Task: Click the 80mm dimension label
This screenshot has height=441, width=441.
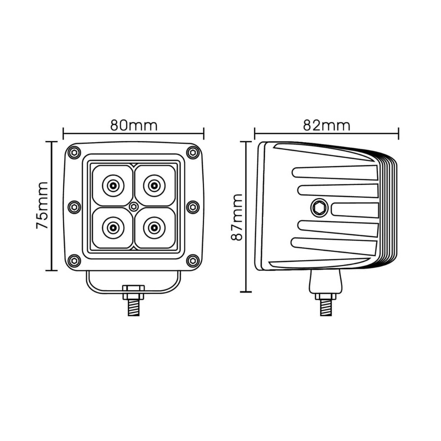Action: tap(134, 125)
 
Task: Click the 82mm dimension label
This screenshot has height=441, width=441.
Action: tap(326, 125)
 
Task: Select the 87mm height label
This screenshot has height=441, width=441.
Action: tap(237, 217)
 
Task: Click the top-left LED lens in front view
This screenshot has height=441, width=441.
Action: tap(113, 186)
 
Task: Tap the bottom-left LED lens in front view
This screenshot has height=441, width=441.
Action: tap(113, 227)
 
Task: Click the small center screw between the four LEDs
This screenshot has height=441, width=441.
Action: tap(134, 207)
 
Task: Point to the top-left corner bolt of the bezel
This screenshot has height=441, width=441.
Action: tap(75, 152)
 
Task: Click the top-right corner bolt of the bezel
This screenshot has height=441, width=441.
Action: tap(193, 152)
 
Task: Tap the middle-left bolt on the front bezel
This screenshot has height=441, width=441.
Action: tap(75, 207)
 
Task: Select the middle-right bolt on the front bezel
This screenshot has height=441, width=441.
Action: tap(193, 207)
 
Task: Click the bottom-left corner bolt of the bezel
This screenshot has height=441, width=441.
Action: tap(75, 261)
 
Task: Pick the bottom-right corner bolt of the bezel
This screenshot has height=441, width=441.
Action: tap(193, 261)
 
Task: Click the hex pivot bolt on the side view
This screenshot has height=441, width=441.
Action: tap(319, 208)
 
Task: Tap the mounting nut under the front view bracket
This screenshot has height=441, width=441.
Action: tap(134, 292)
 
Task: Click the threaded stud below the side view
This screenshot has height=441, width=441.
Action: tap(326, 307)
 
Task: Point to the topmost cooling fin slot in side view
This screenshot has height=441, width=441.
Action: tap(335, 173)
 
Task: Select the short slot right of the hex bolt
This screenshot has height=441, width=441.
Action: tap(354, 210)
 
